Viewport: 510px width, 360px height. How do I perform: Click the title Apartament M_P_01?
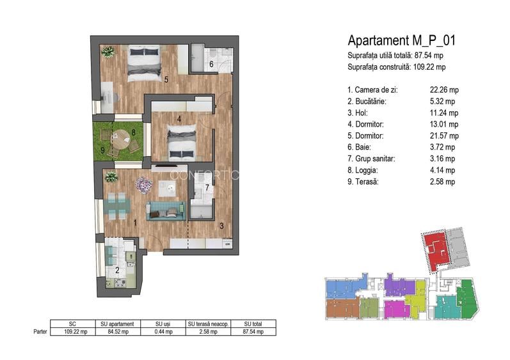coord(401,41)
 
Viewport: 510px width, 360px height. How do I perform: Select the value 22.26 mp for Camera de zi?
coord(444,90)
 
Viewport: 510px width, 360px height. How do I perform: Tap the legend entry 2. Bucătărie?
coord(367,102)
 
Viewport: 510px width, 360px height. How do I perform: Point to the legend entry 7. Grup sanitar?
coord(371,159)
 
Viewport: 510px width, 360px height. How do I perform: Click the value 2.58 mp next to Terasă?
coord(442,182)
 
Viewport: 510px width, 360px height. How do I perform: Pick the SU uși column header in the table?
coord(163,324)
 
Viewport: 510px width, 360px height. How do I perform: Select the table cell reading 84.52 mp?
coord(118,332)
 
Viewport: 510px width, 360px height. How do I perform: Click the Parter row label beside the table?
coord(40,332)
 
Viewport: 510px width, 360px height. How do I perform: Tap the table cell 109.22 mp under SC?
coord(76,332)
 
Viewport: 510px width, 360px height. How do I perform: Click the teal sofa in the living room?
coord(166,211)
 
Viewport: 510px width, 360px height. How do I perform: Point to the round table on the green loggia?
coord(120,139)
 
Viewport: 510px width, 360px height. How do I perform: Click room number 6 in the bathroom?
coord(211,64)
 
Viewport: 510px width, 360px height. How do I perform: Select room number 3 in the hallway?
coord(221,226)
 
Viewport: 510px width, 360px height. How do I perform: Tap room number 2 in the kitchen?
coord(117,270)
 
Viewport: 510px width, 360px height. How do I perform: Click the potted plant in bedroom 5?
coord(108,52)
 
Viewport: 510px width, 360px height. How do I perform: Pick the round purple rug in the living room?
coord(144,185)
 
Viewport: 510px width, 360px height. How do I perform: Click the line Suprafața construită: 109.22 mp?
coord(397,67)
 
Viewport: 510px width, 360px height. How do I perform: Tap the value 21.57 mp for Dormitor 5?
coord(444,136)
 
